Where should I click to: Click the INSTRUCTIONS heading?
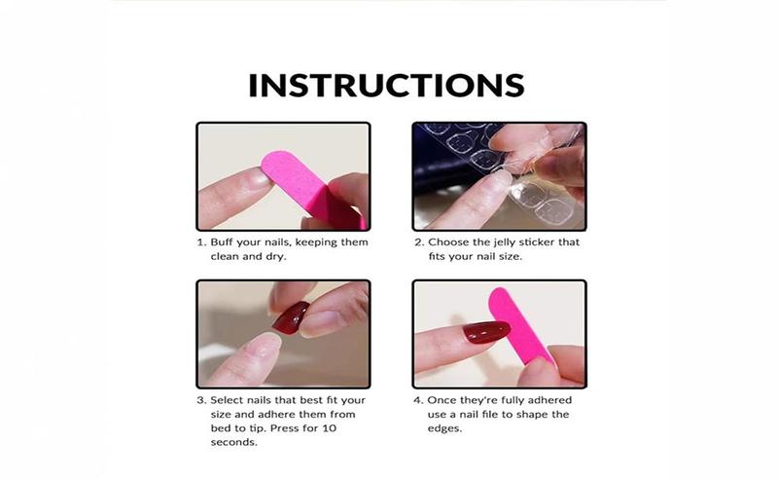(386, 85)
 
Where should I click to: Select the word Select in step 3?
(230, 400)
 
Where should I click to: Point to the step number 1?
(200, 242)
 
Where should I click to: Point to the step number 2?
(418, 242)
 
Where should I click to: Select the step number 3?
(200, 400)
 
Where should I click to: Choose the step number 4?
(418, 400)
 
